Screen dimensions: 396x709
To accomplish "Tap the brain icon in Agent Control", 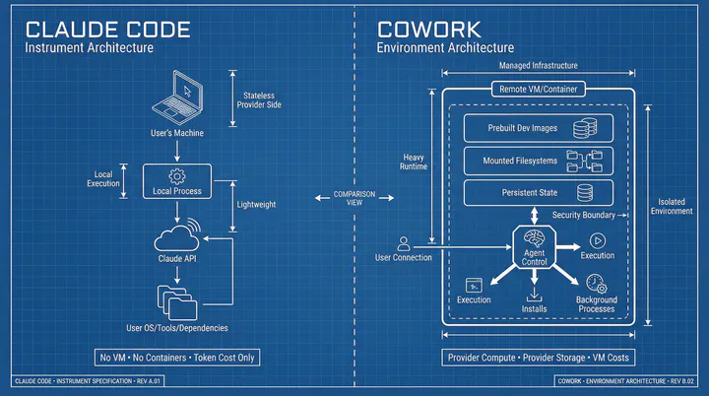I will [533, 238].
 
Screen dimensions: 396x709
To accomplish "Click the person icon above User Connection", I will [403, 242].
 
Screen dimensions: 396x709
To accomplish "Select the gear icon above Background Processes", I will [596, 282].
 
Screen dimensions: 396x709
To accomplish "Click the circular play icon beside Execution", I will [596, 240].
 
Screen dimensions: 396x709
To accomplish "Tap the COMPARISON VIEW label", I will [354, 199].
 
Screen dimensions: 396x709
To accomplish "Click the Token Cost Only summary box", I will [178, 357].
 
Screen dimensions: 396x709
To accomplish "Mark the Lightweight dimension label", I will [257, 204].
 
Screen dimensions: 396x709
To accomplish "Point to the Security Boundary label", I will [584, 215].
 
